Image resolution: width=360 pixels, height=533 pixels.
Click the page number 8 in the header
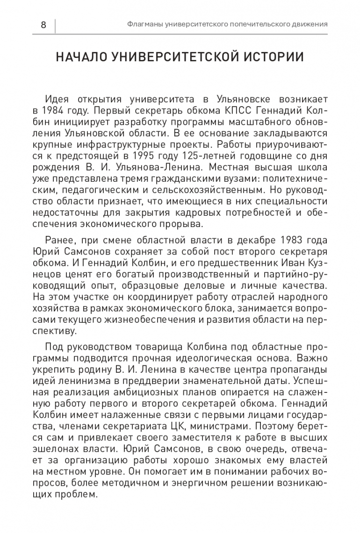click(43, 24)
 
